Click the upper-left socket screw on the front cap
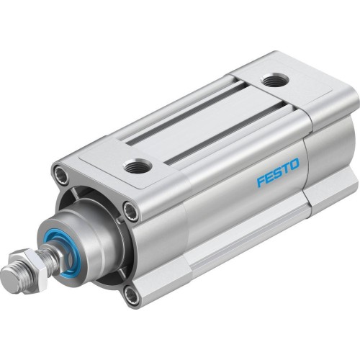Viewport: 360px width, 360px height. tap(61, 175)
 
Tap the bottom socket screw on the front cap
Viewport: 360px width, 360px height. tap(130, 293)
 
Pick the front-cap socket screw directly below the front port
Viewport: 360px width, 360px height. tap(130, 211)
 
